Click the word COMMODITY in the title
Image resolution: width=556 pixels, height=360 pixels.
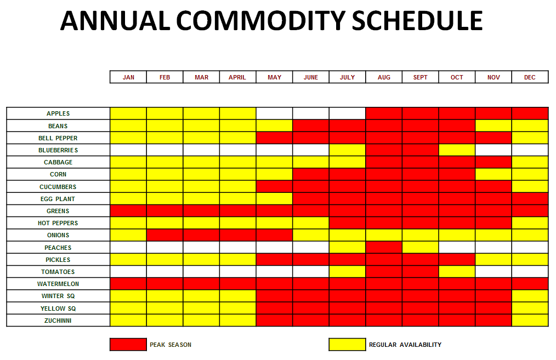click(260, 21)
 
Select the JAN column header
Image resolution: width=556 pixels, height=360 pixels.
click(128, 77)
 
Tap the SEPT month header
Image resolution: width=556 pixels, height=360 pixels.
click(420, 77)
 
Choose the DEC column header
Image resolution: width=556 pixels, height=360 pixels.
click(530, 77)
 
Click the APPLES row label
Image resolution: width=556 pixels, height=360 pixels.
click(58, 113)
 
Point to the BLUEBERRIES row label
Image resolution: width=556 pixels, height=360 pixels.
click(58, 150)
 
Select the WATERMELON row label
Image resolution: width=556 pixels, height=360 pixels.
click(58, 284)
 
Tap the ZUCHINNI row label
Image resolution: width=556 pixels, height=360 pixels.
click(58, 321)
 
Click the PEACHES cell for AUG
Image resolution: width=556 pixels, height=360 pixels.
click(384, 247)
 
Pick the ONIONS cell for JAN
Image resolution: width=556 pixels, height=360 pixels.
click(128, 235)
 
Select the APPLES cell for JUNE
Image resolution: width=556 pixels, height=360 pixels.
click(311, 113)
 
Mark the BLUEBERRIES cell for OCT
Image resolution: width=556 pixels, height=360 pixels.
click(457, 150)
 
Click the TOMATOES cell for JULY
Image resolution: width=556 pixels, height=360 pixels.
click(348, 272)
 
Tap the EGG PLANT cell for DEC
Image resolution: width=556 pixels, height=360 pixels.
click(530, 199)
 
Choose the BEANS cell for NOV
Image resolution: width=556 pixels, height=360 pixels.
click(493, 126)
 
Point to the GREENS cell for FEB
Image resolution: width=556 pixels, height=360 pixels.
click(165, 211)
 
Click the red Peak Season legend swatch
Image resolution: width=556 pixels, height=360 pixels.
click(128, 345)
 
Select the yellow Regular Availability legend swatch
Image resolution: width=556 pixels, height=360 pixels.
click(347, 345)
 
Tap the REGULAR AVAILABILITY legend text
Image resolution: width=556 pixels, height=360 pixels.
click(405, 345)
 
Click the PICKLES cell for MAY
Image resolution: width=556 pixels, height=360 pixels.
click(275, 260)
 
